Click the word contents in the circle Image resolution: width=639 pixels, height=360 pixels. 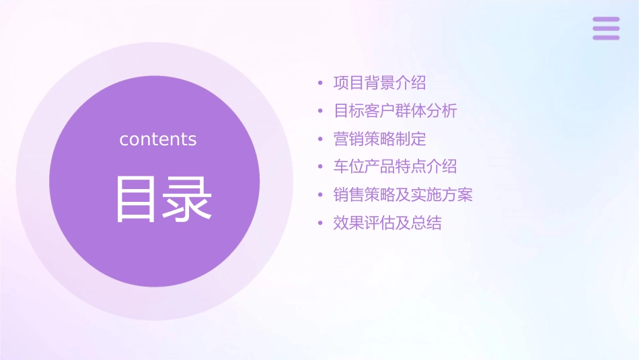pos(158,139)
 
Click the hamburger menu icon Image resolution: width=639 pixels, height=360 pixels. pos(606,28)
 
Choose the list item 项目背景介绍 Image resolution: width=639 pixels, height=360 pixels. pos(379,83)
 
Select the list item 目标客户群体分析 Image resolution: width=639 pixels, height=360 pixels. pos(395,111)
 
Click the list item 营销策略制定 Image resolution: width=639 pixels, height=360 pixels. pos(379,139)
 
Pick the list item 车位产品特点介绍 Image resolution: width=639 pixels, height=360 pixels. pos(395,167)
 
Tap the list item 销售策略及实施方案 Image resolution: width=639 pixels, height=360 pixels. pos(403,195)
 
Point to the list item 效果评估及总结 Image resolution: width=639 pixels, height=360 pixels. pos(387,223)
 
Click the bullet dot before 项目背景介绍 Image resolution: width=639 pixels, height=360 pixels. pos(321,84)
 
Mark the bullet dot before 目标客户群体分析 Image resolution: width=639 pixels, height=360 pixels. pos(321,112)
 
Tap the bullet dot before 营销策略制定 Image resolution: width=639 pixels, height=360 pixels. pos(321,140)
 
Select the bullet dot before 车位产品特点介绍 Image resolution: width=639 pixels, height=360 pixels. pos(321,168)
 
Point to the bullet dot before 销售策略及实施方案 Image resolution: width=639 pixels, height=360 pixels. pos(321,196)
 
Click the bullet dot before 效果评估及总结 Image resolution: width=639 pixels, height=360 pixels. pos(321,223)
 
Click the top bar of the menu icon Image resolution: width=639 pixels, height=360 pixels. pos(606,20)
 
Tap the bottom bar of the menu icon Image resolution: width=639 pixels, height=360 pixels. pos(606,37)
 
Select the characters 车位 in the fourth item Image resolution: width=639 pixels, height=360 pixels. pos(348,167)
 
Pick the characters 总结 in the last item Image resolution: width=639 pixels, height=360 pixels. pos(426,223)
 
